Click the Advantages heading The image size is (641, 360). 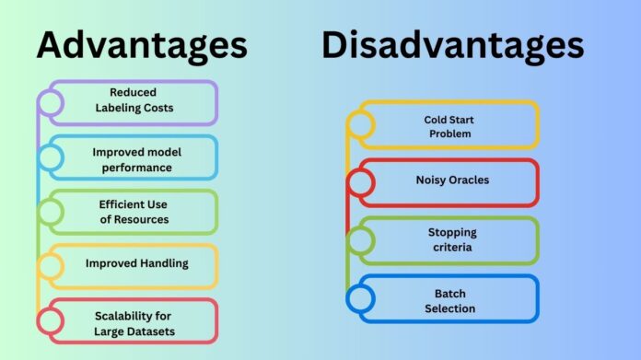click(141, 44)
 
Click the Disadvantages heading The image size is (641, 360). click(452, 44)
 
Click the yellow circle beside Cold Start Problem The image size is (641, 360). click(361, 126)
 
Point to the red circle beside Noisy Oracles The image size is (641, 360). click(361, 182)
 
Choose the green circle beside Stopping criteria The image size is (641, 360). click(361, 240)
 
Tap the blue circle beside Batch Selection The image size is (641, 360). click(361, 298)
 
